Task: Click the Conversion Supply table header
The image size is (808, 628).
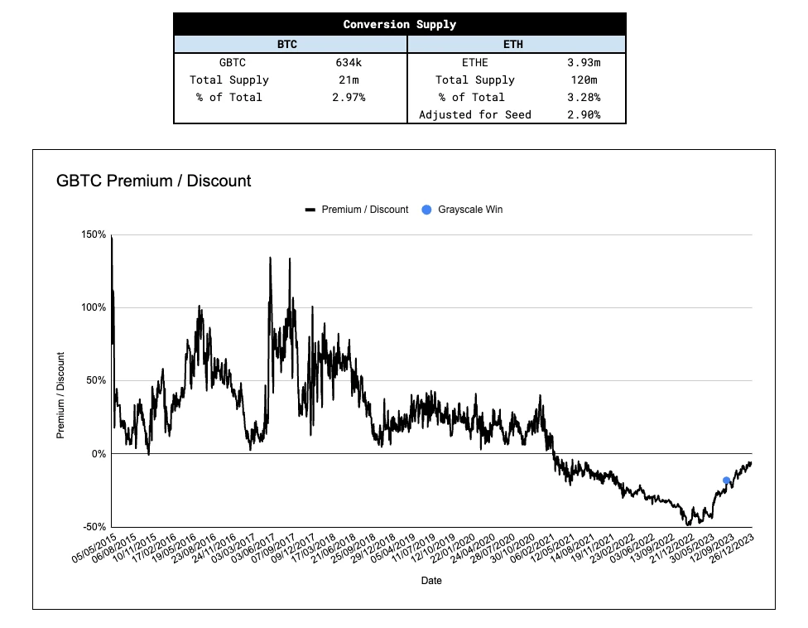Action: pyautogui.click(x=399, y=24)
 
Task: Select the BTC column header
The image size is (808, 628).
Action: pyautogui.click(x=286, y=45)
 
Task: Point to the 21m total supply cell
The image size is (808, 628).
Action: pyautogui.click(x=346, y=80)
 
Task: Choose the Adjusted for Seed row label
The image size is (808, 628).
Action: pyautogui.click(x=475, y=114)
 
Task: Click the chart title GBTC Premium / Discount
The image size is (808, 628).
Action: pyautogui.click(x=153, y=180)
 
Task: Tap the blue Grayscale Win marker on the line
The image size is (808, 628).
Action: pyautogui.click(x=727, y=481)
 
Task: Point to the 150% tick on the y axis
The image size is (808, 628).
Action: pyautogui.click(x=94, y=234)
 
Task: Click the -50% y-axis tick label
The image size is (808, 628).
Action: pyautogui.click(x=94, y=527)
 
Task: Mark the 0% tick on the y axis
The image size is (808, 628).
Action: pyautogui.click(x=98, y=454)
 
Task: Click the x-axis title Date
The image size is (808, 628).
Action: pyautogui.click(x=431, y=581)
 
